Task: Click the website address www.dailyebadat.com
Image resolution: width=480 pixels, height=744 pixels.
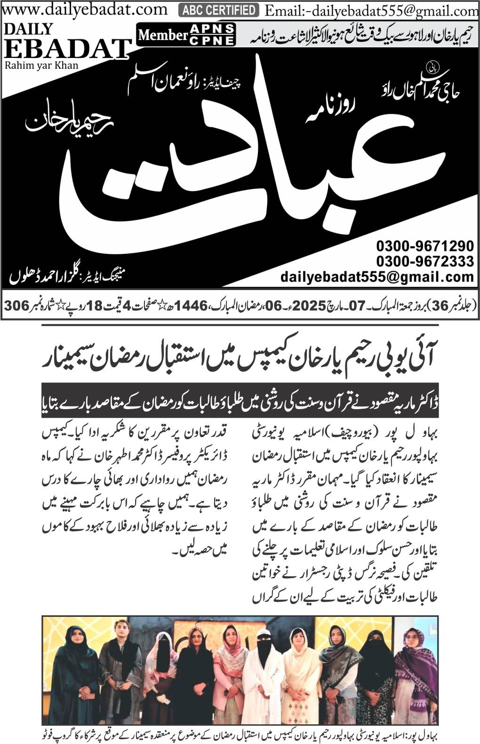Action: (85, 9)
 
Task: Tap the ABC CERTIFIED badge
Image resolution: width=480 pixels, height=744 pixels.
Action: (219, 10)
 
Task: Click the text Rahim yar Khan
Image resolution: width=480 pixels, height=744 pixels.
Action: (42, 65)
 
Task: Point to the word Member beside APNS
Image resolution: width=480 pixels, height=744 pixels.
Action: (163, 35)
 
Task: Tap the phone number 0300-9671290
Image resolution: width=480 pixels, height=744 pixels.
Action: (424, 246)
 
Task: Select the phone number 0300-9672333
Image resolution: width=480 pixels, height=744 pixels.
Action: (424, 260)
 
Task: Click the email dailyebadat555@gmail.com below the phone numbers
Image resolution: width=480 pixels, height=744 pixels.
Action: (377, 276)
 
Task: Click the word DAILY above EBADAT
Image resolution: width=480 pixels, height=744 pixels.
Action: (28, 29)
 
